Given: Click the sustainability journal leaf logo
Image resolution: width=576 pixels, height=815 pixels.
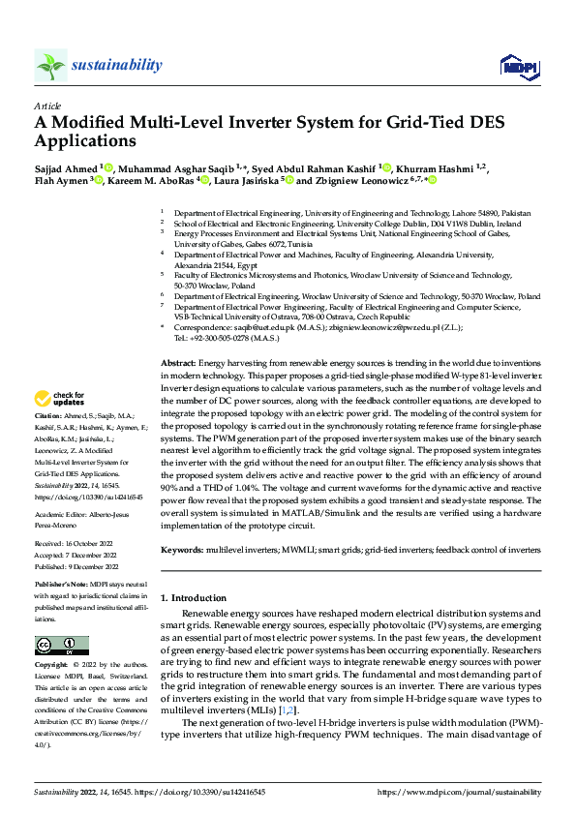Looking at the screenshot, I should (x=51, y=65).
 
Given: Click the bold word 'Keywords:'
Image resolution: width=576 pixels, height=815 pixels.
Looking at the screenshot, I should (x=182, y=549).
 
